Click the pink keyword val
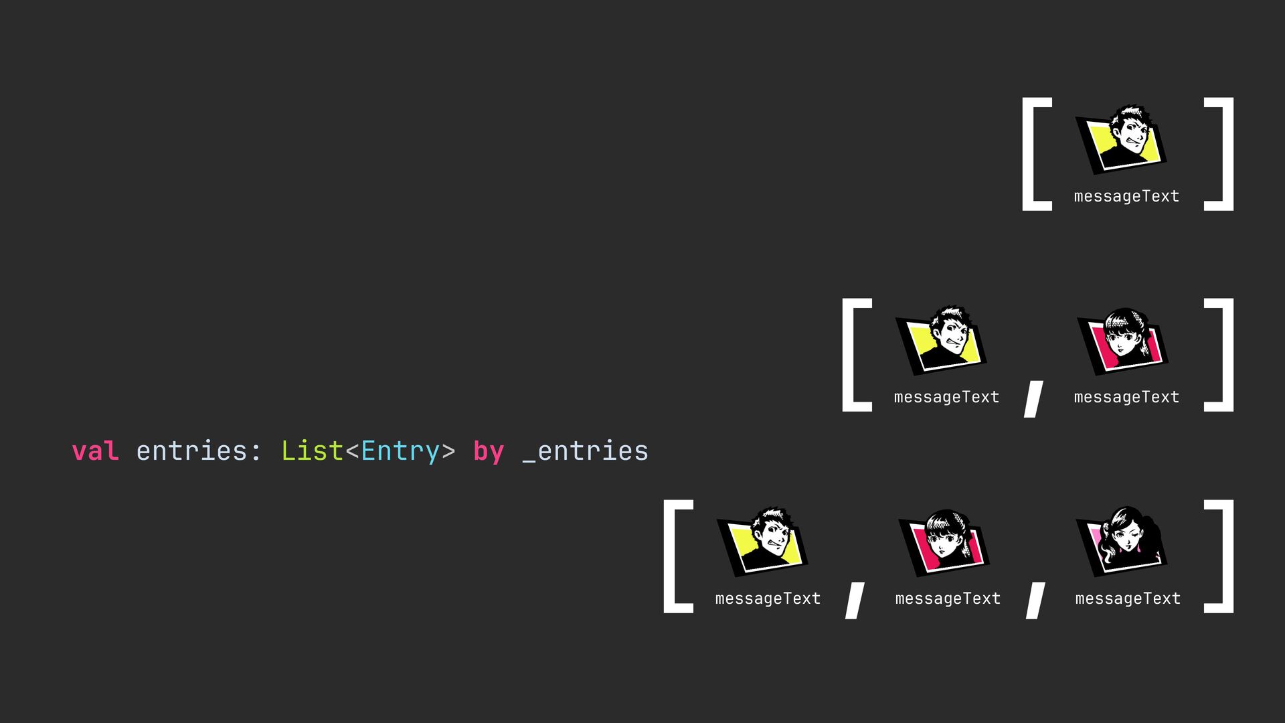tap(95, 451)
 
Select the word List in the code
tap(312, 451)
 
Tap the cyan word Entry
tap(400, 452)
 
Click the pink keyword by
tap(488, 452)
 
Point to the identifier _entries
tap(584, 452)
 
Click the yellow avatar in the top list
tap(1122, 139)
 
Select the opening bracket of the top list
tap(1035, 154)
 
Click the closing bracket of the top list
tap(1221, 154)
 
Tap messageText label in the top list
tap(1126, 196)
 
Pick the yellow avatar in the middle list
tap(942, 340)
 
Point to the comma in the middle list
tap(1033, 399)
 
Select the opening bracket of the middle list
tap(855, 355)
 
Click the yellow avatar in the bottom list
tap(763, 542)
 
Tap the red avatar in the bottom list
tap(944, 543)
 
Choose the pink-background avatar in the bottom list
tap(1122, 542)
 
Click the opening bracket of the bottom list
tap(676, 556)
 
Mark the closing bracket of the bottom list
tap(1221, 556)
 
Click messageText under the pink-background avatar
tap(1128, 598)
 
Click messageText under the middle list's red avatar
tap(1126, 397)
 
